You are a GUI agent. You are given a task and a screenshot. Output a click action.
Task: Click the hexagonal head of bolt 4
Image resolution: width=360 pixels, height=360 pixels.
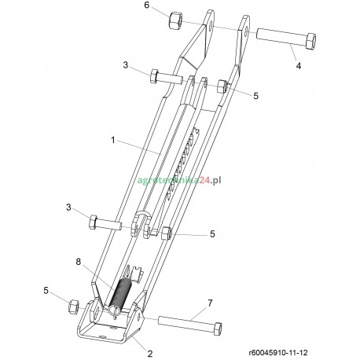coord(310,39)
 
